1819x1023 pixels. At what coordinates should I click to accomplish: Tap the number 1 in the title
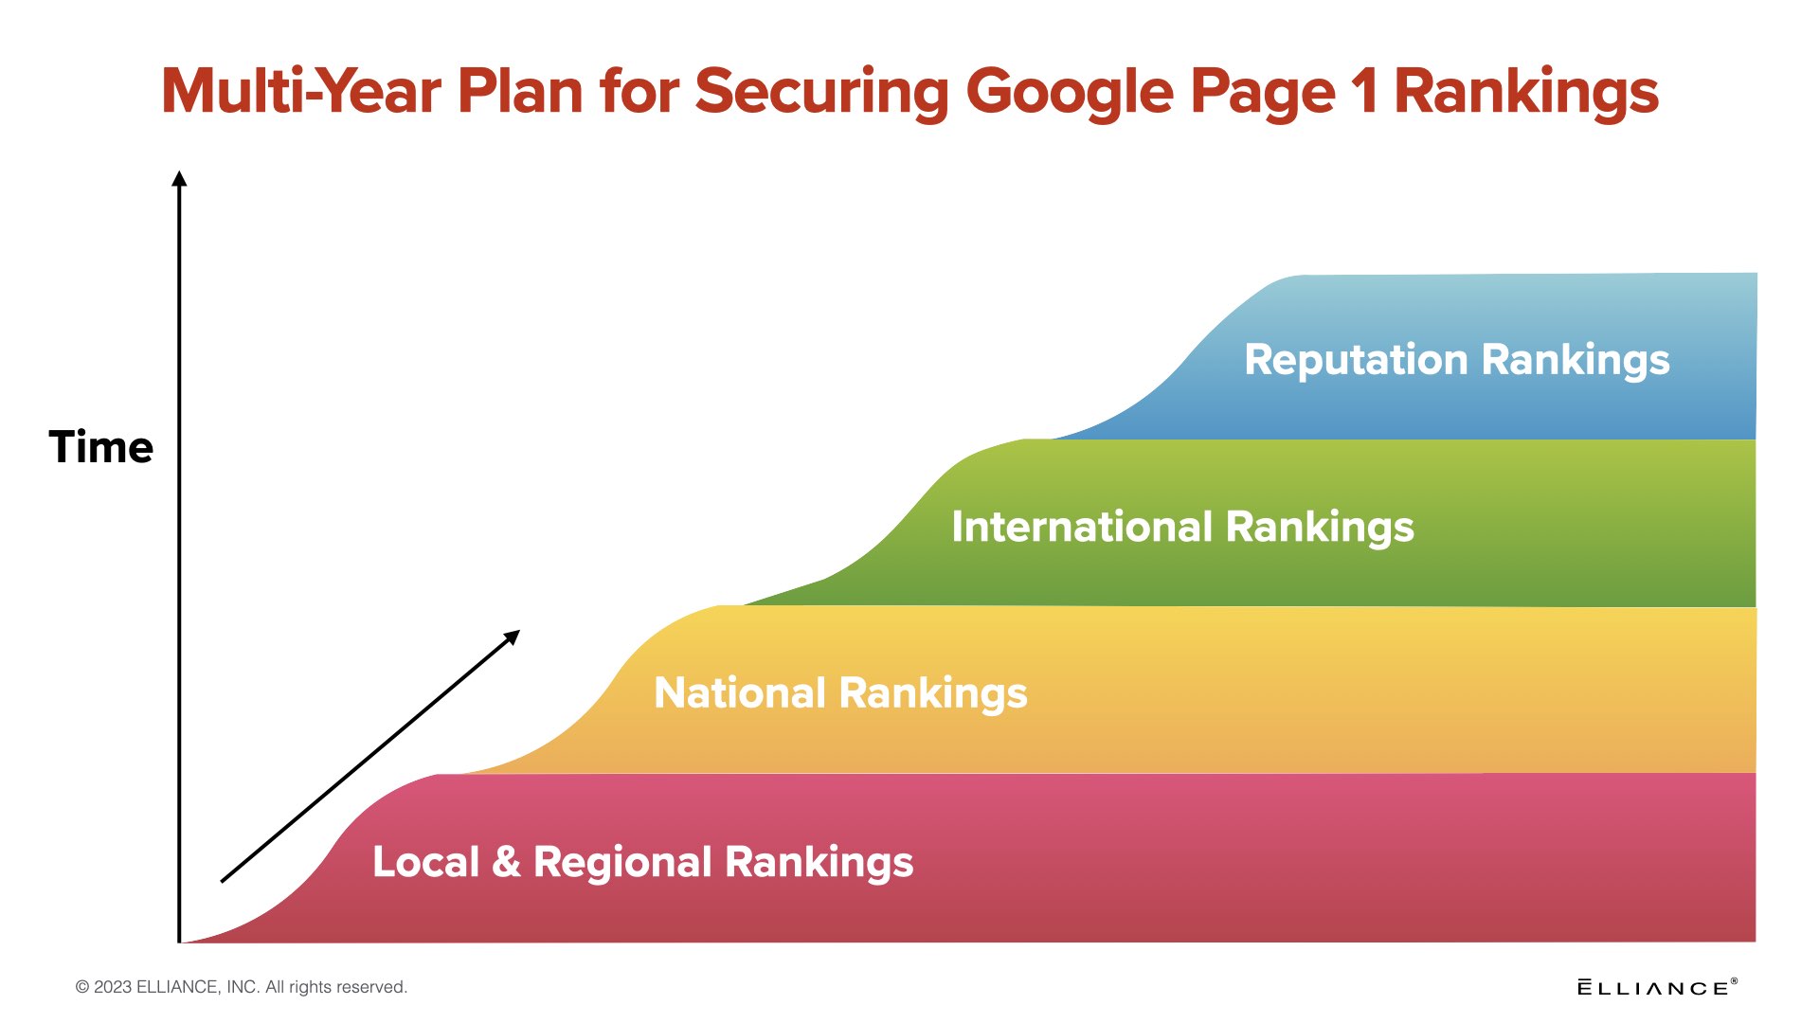pyautogui.click(x=1364, y=92)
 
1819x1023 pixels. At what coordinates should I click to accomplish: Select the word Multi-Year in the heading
pyautogui.click(x=301, y=92)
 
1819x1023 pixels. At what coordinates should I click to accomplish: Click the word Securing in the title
pyautogui.click(x=821, y=94)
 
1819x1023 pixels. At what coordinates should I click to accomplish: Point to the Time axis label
pyautogui.click(x=101, y=446)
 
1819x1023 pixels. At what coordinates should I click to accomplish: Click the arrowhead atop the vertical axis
pyautogui.click(x=179, y=178)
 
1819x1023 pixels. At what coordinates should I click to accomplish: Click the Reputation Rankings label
pyautogui.click(x=1457, y=361)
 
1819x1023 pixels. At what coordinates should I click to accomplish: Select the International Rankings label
pyautogui.click(x=1182, y=528)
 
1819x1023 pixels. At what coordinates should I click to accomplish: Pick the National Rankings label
pyautogui.click(x=840, y=693)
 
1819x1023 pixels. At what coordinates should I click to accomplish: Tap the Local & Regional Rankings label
pyautogui.click(x=643, y=863)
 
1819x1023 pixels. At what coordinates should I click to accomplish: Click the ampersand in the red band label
pyautogui.click(x=507, y=861)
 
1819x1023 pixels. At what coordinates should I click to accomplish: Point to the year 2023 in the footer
pyautogui.click(x=113, y=987)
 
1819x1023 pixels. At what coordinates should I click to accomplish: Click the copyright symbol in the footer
pyautogui.click(x=82, y=987)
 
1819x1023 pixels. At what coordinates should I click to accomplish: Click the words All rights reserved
pyautogui.click(x=336, y=987)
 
